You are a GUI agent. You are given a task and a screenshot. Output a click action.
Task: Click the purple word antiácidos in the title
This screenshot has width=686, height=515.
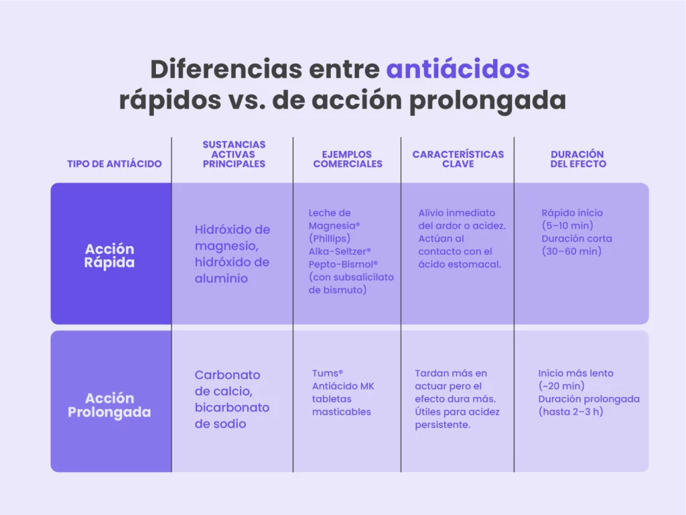pos(458,69)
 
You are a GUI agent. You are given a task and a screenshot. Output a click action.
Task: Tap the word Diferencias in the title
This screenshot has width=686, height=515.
pos(226,69)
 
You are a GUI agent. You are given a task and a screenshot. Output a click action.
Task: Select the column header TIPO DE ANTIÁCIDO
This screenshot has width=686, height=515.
pos(114,164)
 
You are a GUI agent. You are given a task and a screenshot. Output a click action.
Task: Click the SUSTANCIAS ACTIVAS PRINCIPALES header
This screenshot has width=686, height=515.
pos(234,154)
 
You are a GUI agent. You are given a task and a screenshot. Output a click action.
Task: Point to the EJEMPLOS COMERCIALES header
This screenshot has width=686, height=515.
pos(348,159)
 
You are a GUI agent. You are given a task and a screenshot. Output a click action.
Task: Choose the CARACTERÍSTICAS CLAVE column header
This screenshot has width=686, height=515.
pos(458,159)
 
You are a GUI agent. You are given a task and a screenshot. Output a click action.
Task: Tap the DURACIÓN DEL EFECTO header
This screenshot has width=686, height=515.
pos(578,159)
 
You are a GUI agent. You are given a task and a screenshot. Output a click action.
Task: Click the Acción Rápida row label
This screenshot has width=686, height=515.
pos(109,255)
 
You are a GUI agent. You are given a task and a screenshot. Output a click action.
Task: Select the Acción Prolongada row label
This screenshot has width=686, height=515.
pos(109,405)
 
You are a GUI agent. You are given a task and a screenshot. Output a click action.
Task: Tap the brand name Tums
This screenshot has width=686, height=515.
pos(327,373)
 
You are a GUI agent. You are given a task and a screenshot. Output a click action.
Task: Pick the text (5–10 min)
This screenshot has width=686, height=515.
pos(567,225)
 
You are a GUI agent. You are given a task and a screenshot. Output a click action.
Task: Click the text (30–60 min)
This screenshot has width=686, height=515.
pos(571,251)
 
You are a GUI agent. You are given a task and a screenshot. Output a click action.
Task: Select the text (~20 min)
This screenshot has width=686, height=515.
pos(561,386)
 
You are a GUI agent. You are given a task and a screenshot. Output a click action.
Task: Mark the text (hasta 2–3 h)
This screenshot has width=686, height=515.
pos(571,412)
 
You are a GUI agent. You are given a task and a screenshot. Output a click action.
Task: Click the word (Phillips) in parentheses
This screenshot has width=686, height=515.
pos(330,239)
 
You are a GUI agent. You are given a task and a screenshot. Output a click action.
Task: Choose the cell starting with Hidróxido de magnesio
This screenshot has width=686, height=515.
pos(232,253)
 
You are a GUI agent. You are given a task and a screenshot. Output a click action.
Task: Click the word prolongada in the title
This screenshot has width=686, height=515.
pos(488,101)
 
